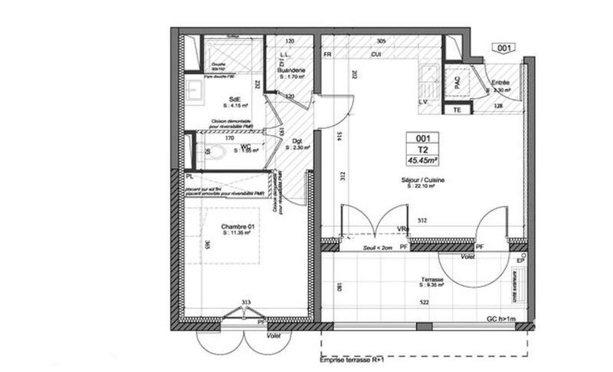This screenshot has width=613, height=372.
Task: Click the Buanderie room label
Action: click(x=293, y=70)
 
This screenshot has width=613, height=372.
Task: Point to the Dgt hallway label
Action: click(x=297, y=140)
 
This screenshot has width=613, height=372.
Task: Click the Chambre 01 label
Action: click(x=238, y=227)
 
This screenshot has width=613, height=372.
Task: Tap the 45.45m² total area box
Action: click(x=421, y=160)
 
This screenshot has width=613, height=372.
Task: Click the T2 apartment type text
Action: click(x=421, y=150)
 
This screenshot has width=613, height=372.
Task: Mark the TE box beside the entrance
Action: click(x=457, y=109)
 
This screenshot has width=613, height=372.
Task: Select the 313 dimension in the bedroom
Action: click(x=246, y=302)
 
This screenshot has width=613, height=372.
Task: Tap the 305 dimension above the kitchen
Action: click(x=381, y=41)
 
